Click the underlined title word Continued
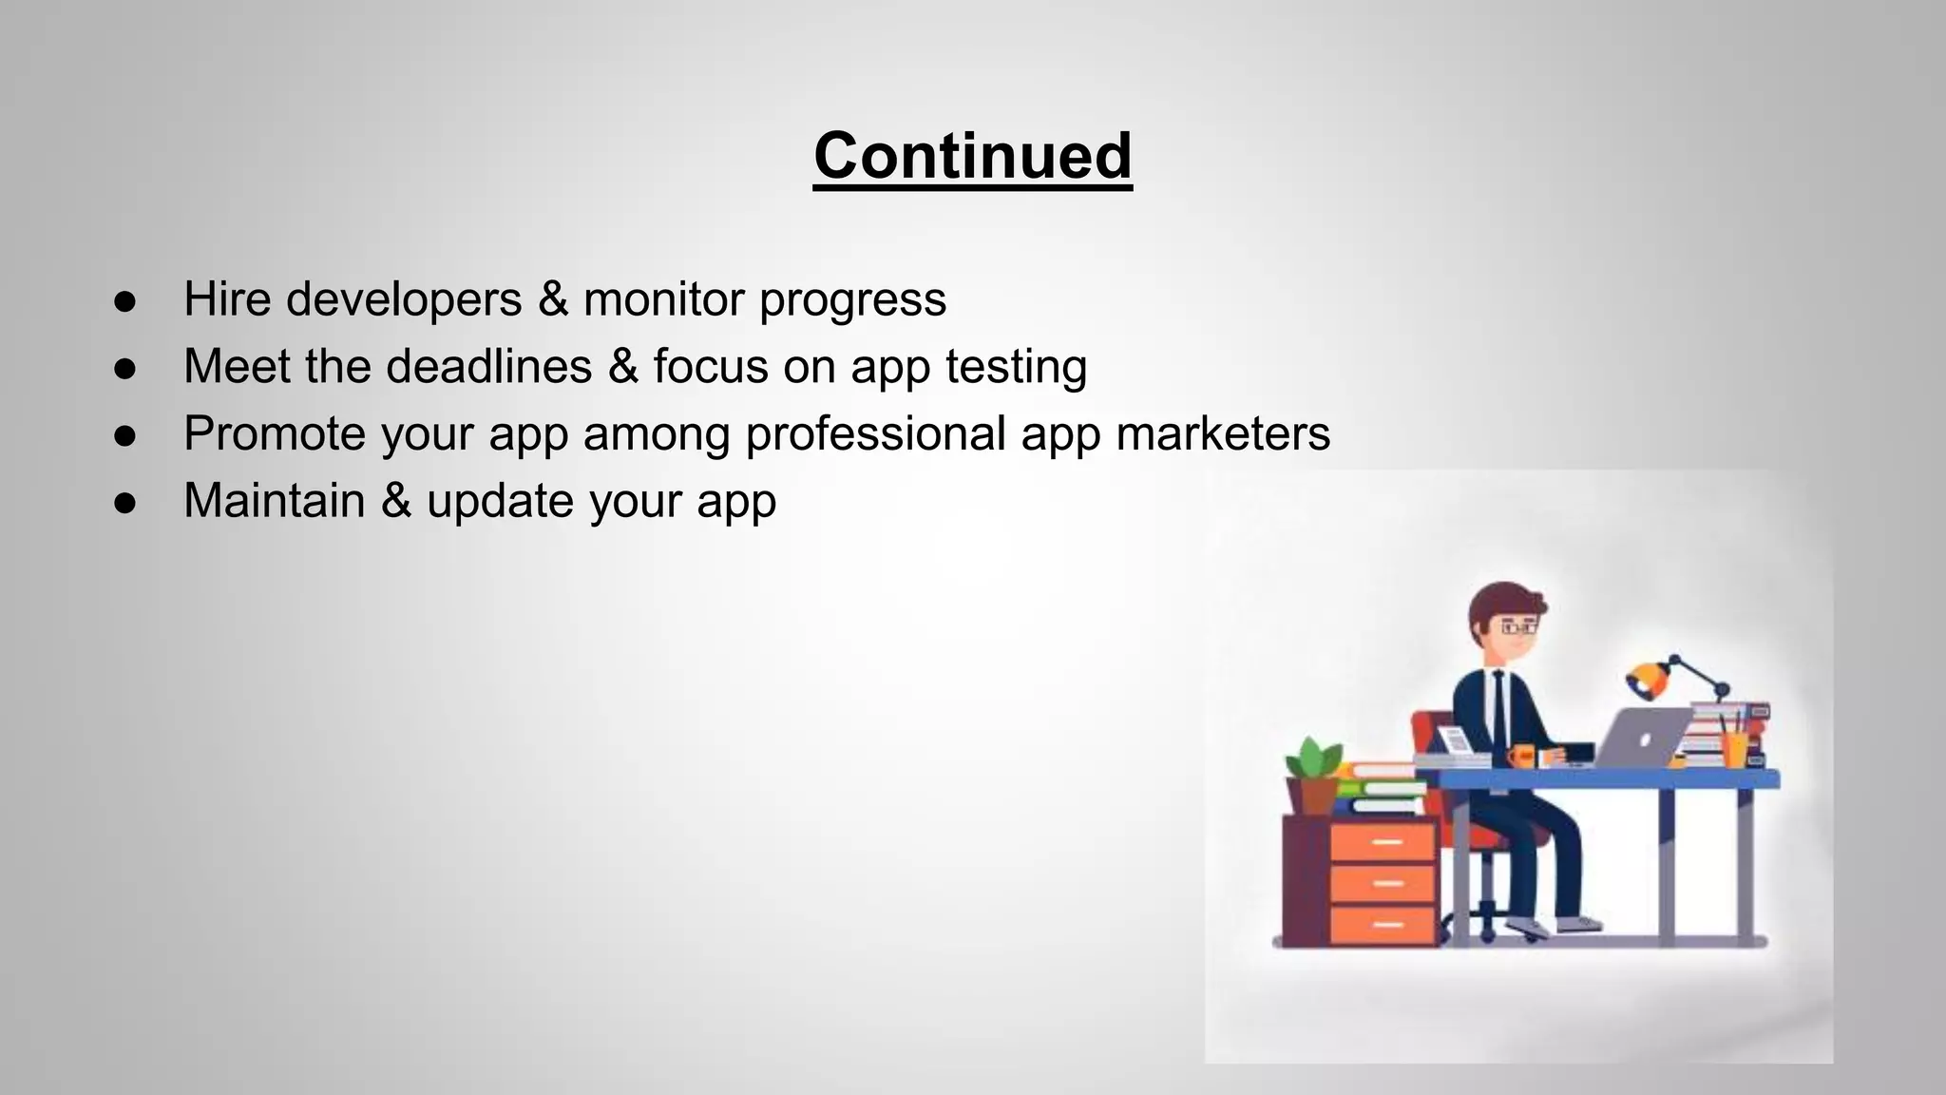click(972, 156)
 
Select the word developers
click(404, 300)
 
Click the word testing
click(1016, 368)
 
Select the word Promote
click(275, 433)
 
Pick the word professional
click(875, 435)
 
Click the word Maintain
click(274, 500)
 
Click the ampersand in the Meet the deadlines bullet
click(622, 366)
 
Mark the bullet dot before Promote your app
click(125, 435)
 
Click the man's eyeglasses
click(1517, 627)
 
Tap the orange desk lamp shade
click(1646, 678)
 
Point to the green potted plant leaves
click(1313, 759)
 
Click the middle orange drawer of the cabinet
click(1383, 884)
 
